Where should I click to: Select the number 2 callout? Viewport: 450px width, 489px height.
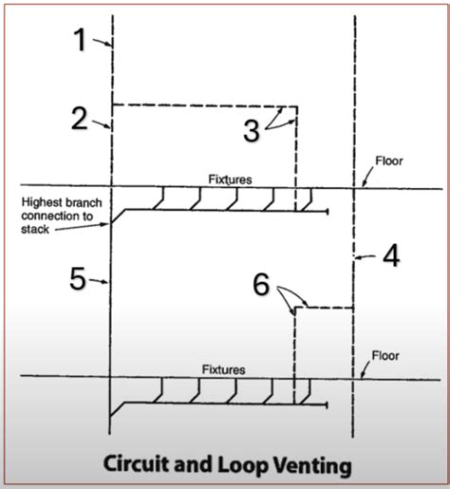(80, 118)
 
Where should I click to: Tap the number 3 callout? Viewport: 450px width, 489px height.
(251, 131)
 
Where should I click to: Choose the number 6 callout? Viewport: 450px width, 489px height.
(264, 284)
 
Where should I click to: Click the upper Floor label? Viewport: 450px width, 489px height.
(389, 161)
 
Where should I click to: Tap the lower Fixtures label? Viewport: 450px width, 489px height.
(223, 368)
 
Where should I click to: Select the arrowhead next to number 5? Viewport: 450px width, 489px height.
(109, 281)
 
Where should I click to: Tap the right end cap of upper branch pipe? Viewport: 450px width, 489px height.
(328, 212)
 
